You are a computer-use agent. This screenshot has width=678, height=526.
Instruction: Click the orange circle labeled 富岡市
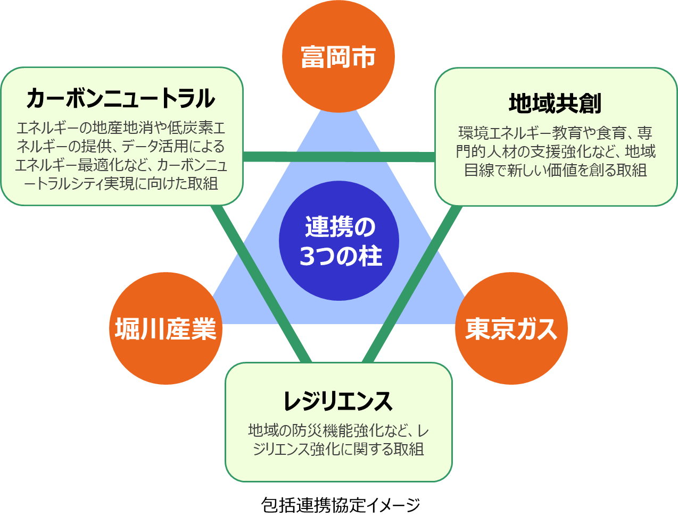(338, 56)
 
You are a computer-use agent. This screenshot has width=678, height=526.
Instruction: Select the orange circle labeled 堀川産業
(166, 328)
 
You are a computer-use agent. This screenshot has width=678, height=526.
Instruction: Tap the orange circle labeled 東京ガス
(511, 328)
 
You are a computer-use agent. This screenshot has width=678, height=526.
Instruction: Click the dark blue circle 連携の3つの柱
(339, 241)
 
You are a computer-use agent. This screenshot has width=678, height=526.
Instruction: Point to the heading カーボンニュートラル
(121, 98)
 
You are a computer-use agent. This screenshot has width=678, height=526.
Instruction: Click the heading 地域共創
(555, 103)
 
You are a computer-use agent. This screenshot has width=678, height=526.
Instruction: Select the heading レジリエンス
(338, 401)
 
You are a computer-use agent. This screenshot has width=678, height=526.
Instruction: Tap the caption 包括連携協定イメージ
(341, 505)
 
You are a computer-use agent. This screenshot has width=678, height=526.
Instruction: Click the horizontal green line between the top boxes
(339, 156)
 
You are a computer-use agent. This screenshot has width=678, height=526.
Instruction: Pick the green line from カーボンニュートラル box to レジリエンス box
(261, 284)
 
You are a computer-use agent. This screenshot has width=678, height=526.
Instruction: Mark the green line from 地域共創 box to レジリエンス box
(412, 284)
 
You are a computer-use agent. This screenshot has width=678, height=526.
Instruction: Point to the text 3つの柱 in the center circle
(341, 256)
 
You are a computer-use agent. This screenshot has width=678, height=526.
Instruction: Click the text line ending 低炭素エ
(121, 128)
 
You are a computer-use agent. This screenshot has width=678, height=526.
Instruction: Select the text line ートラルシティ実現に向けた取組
(121, 183)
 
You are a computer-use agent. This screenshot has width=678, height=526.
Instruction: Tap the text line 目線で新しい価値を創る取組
(556, 170)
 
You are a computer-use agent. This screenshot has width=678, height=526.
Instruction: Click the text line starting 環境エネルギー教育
(556, 133)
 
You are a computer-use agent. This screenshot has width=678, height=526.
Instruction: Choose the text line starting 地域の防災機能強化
(338, 430)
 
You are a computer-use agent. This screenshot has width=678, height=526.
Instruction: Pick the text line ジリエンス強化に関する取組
(338, 449)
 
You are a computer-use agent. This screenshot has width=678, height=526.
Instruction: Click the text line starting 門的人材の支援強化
(556, 151)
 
